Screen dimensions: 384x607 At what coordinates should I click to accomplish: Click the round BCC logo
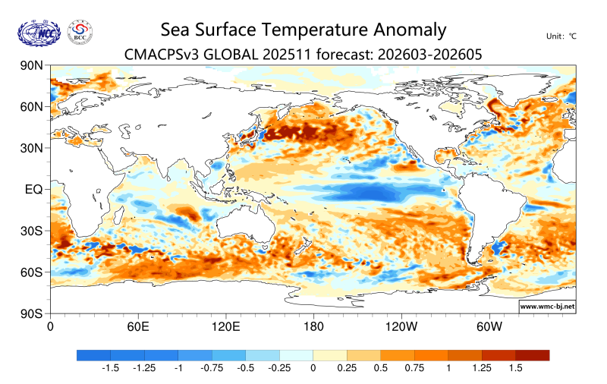click(80, 33)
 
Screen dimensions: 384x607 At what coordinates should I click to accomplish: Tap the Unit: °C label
click(561, 36)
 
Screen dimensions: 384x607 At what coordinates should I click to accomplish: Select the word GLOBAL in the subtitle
click(232, 55)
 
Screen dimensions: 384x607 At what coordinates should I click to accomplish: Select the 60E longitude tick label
click(137, 327)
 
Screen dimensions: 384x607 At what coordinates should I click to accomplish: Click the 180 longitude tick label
click(313, 327)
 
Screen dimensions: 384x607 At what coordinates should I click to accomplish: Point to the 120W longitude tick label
click(401, 327)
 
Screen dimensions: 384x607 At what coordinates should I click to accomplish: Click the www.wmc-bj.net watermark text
click(546, 307)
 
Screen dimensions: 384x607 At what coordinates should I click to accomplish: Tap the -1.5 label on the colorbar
click(110, 368)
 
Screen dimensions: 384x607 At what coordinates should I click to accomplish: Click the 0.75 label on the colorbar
click(414, 368)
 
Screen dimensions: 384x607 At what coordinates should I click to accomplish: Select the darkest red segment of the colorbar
click(532, 354)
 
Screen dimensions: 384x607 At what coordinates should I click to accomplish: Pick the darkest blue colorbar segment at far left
click(93, 354)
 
